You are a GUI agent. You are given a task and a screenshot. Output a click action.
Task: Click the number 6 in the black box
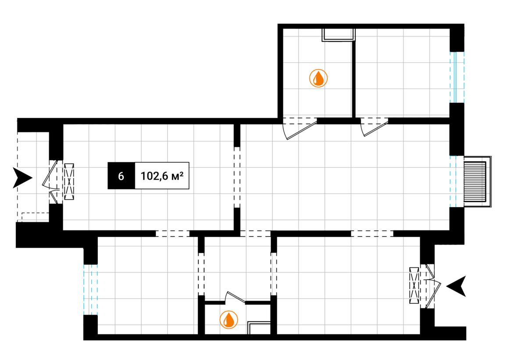pyautogui.click(x=121, y=176)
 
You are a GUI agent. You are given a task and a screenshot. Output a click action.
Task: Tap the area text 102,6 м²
pyautogui.click(x=162, y=176)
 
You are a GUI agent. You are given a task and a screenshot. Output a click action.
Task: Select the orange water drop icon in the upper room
pyautogui.click(x=318, y=78)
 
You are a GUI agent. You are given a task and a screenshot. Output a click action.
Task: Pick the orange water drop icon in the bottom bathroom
pyautogui.click(x=229, y=320)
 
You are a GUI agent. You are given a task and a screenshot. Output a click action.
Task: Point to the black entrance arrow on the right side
pyautogui.click(x=456, y=286)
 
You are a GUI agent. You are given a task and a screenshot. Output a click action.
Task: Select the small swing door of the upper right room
pyautogui.click(x=375, y=127)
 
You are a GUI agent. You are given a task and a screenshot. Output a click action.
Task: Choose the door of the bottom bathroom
pyautogui.click(x=235, y=297)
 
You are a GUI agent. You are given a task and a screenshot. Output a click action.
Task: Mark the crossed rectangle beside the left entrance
pyautogui.click(x=69, y=182)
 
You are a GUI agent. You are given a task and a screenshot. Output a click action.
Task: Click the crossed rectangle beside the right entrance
pyautogui.click(x=414, y=285)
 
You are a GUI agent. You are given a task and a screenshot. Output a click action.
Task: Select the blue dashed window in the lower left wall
pyautogui.click(x=90, y=290)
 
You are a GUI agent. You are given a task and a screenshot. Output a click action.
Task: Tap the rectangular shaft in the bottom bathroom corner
pyautogui.click(x=259, y=328)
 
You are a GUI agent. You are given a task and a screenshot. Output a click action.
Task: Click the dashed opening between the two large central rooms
pyautogui.click(x=237, y=177)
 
